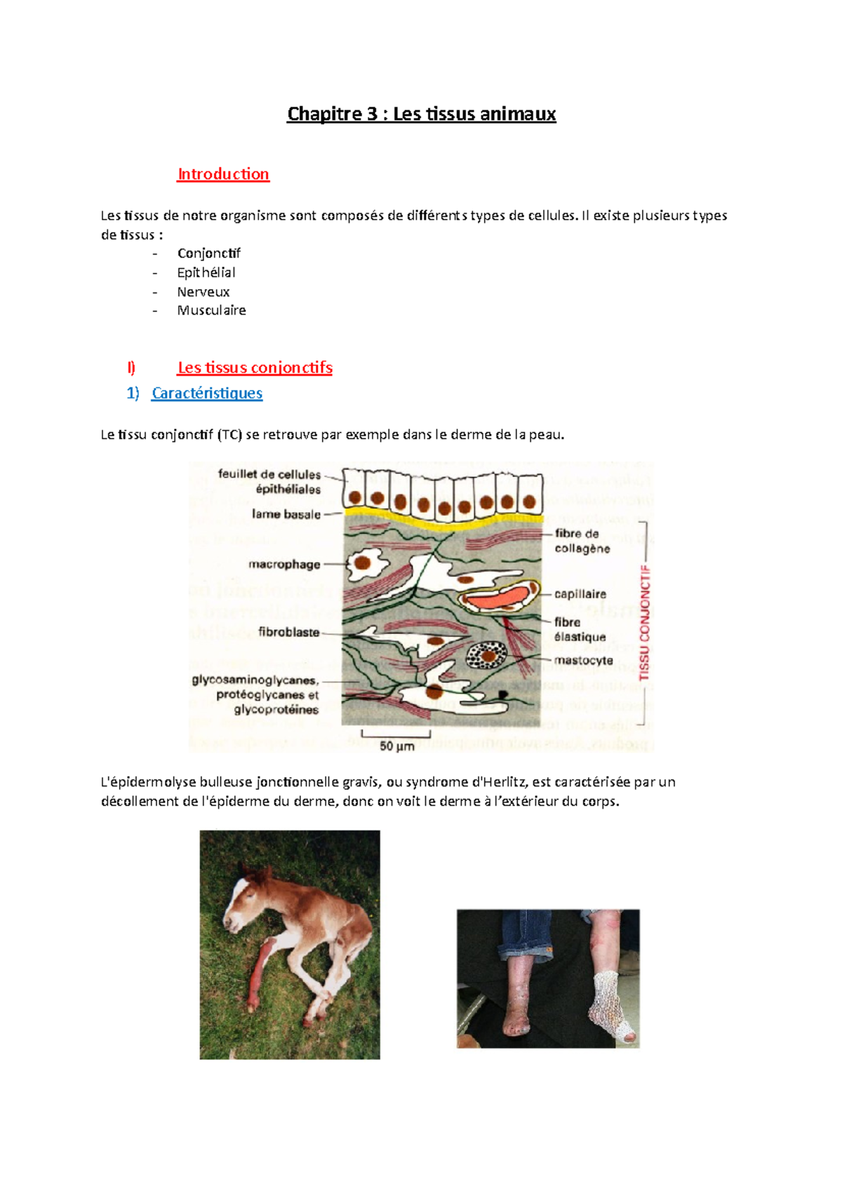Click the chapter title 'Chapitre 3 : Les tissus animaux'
421,114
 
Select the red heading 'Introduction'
223,174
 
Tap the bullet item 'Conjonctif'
208,253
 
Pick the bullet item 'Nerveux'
203,292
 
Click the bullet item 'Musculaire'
211,310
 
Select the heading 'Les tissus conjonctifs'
255,368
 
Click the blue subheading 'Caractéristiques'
207,393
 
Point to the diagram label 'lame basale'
286,514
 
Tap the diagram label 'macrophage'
284,564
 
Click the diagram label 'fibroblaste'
288,632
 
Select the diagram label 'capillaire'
580,594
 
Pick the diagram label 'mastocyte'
583,660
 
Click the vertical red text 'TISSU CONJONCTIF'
645,623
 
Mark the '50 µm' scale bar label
397,746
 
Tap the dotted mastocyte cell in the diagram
486,655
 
